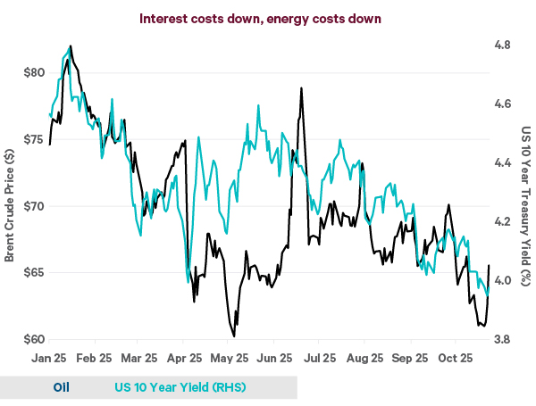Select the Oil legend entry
click(x=61, y=387)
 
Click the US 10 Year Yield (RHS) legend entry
click(x=180, y=387)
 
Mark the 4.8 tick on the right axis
click(x=504, y=45)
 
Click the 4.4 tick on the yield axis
click(x=504, y=162)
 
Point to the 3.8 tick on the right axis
click(x=504, y=340)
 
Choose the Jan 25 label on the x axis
click(x=51, y=358)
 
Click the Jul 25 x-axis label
click(x=318, y=358)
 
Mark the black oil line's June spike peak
click(x=302, y=88)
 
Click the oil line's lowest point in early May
click(x=234, y=336)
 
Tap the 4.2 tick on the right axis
click(x=504, y=221)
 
